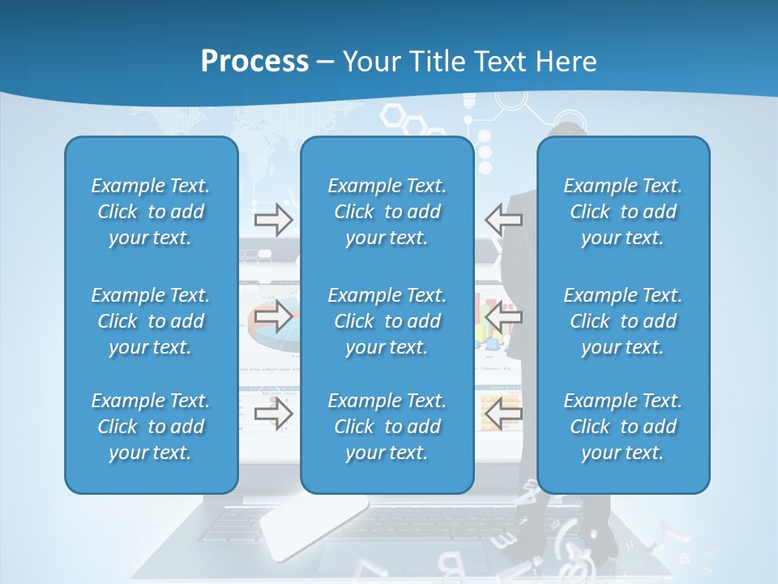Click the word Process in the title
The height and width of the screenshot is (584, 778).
254,62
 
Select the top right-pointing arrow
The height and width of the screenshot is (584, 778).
274,220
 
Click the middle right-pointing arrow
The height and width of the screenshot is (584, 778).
274,317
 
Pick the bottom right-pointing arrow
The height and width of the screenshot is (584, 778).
274,414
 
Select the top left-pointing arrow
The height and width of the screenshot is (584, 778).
503,220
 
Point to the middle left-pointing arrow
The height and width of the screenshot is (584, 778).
503,317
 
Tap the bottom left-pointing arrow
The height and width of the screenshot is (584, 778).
503,414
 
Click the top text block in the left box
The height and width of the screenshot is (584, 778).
151,212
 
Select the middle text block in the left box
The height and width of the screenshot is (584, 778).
151,321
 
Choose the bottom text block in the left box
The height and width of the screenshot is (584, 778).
151,427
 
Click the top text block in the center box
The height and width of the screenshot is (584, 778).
387,212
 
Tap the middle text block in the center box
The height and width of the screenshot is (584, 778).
387,321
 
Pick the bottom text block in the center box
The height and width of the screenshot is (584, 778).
387,427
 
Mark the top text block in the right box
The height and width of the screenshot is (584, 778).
622,212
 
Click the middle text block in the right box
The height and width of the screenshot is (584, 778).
622,321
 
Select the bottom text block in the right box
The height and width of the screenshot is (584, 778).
622,427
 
